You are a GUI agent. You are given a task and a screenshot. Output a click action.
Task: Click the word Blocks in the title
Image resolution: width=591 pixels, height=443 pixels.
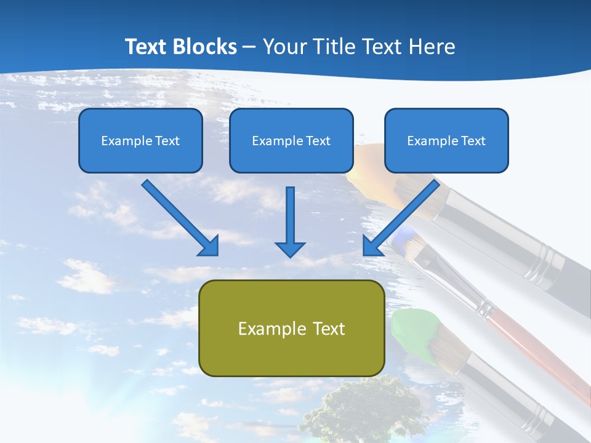point(206,47)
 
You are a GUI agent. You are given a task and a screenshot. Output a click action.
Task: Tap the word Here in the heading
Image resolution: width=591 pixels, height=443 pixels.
point(432,47)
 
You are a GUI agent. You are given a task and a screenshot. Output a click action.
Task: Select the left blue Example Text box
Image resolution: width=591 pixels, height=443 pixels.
point(140,140)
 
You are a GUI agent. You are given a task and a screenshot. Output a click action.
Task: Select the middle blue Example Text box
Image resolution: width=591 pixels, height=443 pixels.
point(291,140)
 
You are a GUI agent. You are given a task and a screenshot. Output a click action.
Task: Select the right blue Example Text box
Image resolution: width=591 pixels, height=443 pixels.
point(446,140)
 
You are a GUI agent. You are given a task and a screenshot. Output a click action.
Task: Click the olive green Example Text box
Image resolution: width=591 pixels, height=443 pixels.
point(291,328)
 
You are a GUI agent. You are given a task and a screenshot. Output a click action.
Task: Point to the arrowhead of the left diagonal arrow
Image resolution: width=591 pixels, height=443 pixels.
point(209,246)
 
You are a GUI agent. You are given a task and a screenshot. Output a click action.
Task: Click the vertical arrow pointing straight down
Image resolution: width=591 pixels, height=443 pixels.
point(290,221)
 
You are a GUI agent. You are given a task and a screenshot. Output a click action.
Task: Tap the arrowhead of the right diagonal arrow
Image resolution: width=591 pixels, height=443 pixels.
point(372,245)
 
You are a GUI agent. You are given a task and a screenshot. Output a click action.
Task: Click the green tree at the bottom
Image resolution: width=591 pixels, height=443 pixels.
point(363,409)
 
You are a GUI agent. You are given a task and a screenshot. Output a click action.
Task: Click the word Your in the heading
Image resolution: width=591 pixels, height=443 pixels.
point(283,47)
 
